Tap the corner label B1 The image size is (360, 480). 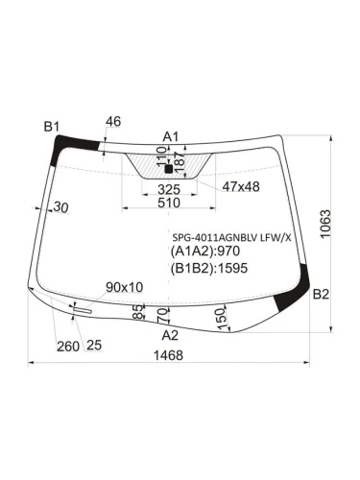51,127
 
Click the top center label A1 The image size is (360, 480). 171,136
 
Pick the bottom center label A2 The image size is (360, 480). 170,335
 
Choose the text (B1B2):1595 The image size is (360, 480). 209,268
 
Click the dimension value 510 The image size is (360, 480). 168,204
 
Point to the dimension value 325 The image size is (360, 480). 169,190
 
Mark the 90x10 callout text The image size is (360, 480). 124,287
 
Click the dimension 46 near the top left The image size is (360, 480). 112,121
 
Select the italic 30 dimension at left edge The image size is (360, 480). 60,207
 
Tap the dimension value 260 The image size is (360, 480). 67,346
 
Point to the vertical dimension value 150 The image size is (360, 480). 221,316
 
